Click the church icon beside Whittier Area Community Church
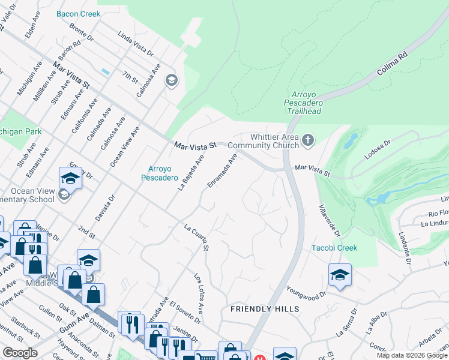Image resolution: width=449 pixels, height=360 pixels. coord(308,140)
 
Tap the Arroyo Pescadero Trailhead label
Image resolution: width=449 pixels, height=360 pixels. coord(307,103)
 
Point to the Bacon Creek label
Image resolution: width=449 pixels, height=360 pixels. coord(78,13)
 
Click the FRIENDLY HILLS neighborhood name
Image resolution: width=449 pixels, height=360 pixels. coord(265,308)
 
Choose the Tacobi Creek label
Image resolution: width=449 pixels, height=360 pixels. coord(334,248)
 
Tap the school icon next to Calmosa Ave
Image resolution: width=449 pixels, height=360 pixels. coord(172,80)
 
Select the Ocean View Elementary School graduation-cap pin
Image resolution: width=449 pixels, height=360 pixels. coord(70,178)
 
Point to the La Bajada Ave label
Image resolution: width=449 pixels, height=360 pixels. coord(191,172)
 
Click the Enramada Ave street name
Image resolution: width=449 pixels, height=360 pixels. coord(223,171)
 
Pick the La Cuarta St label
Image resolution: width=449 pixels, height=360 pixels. coord(197,238)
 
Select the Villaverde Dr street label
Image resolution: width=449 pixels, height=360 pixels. coord(329,221)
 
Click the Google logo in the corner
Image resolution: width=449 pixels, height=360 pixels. coord(20,353)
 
